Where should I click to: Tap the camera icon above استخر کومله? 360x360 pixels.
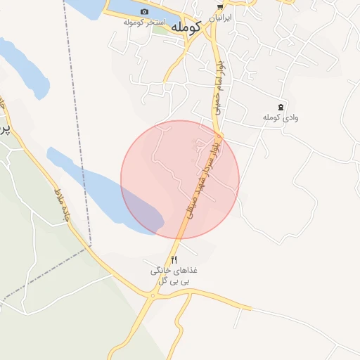tap(145, 11)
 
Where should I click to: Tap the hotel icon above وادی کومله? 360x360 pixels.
tap(281, 107)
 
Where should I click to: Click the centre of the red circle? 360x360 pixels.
tap(180, 179)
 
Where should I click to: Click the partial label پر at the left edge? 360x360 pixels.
tap(4, 130)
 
